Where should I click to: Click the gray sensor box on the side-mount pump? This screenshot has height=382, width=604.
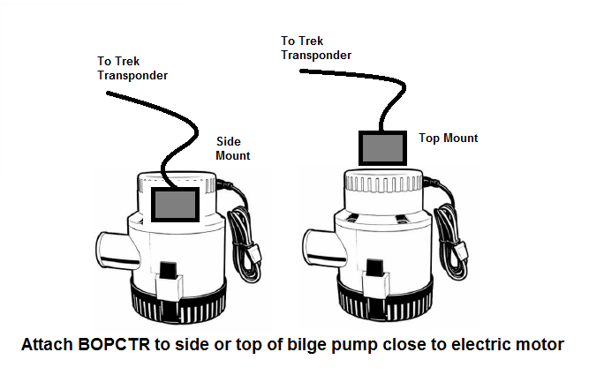[x=175, y=205]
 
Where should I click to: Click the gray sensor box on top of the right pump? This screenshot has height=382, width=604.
[x=382, y=148]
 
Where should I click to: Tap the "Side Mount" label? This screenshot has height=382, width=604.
[x=232, y=148]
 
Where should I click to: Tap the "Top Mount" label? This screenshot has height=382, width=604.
[x=448, y=139]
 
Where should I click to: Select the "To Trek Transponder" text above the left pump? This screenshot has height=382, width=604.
[x=132, y=68]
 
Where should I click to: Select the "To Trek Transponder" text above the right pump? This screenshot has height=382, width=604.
[x=316, y=49]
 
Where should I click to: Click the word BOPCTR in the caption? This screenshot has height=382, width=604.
[x=114, y=344]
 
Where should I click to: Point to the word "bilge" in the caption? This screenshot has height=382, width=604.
[x=307, y=345]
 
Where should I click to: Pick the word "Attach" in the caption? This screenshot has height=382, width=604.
[x=47, y=344]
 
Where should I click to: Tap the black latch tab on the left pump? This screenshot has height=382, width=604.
[x=169, y=271]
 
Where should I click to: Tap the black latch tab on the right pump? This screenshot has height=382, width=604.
[x=374, y=267]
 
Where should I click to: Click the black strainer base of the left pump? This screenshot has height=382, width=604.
[x=178, y=303]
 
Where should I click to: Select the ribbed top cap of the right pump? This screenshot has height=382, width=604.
[x=383, y=181]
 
